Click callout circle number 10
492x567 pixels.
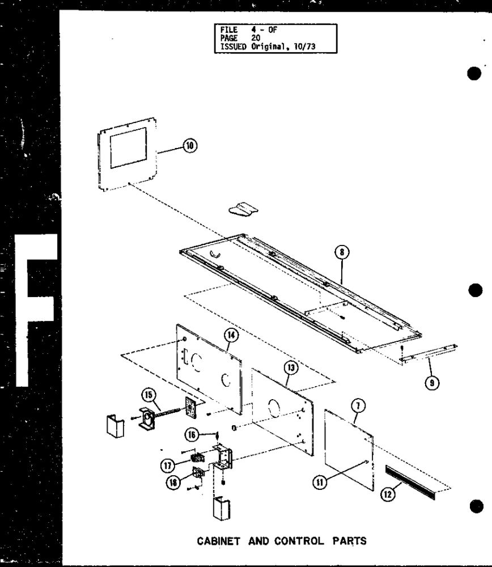(x=190, y=146)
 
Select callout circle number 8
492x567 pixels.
(x=342, y=252)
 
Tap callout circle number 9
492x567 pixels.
(x=432, y=382)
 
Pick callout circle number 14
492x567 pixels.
(x=231, y=335)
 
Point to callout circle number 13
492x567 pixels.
(x=291, y=368)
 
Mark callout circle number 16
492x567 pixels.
(x=192, y=435)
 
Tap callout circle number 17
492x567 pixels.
(x=168, y=465)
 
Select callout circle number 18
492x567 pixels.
(x=174, y=483)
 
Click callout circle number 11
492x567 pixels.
(x=320, y=482)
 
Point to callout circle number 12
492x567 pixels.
(x=388, y=494)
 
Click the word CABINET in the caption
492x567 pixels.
(x=218, y=541)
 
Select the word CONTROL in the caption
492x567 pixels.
(x=299, y=541)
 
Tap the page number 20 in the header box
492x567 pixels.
(x=256, y=38)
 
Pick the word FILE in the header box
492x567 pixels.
(x=229, y=29)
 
